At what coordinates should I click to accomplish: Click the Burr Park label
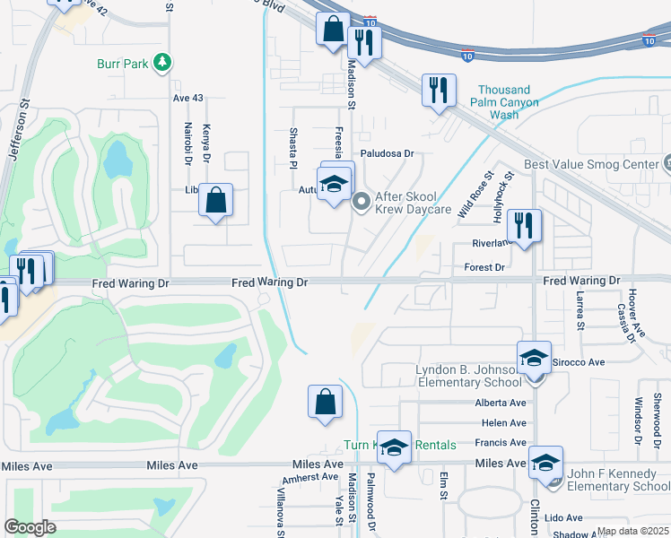click(125, 64)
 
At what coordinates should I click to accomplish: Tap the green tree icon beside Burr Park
click(162, 63)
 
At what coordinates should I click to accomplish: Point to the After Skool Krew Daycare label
click(413, 203)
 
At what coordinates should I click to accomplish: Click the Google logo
click(30, 527)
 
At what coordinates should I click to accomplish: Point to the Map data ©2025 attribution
click(633, 531)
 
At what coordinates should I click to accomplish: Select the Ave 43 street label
click(188, 97)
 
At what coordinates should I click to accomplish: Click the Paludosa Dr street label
click(387, 153)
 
